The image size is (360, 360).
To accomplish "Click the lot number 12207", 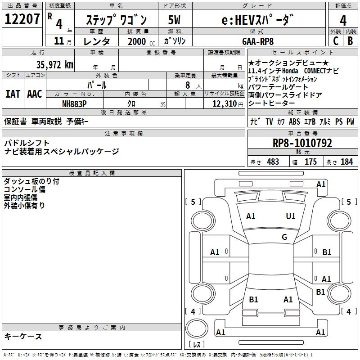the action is click(22, 19).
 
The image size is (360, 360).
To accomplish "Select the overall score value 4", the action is click(343, 20).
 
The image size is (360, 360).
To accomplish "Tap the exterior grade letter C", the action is click(335, 41).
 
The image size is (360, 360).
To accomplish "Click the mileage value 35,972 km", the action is click(54, 64).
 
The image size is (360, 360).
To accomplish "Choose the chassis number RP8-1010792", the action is click(302, 144).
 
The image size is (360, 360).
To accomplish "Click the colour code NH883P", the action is click(74, 103).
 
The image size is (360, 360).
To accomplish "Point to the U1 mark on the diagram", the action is click(291, 216).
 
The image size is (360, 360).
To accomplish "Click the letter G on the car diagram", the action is click(284, 237).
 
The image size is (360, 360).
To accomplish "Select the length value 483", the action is click(273, 162).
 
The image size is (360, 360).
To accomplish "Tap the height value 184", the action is click(346, 162).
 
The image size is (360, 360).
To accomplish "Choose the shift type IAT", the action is click(13, 94).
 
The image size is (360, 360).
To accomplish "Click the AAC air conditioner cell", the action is click(35, 94).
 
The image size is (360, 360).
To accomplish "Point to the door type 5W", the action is click(175, 20).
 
